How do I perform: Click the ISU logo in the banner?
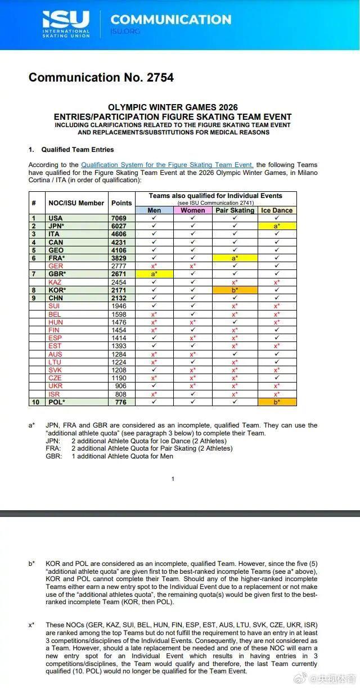(66, 24)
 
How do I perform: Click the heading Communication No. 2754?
(101, 78)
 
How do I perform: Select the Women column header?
(193, 210)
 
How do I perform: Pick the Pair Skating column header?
(235, 210)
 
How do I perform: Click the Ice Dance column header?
(277, 210)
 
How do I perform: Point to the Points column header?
(121, 203)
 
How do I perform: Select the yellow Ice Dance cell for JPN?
(277, 226)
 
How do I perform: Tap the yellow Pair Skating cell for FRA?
(235, 258)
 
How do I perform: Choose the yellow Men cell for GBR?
(154, 274)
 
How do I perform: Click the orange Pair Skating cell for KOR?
(235, 290)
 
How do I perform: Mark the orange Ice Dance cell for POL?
(277, 402)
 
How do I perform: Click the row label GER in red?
(56, 266)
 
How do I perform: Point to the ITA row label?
(55, 234)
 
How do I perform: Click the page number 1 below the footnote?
(173, 479)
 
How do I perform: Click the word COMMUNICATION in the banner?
(170, 20)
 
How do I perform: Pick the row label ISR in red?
(55, 394)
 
